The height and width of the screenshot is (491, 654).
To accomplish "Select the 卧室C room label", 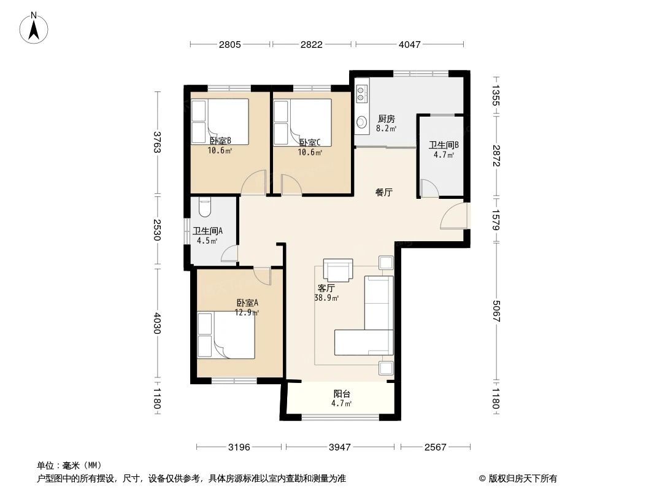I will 310,142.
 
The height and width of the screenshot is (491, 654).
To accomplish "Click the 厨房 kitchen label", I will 386,119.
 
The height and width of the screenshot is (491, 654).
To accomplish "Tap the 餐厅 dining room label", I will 384,192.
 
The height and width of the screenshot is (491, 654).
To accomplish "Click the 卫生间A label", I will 207,231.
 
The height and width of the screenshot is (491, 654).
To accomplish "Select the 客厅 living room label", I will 326,288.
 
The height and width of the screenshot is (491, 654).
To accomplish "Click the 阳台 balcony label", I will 342,394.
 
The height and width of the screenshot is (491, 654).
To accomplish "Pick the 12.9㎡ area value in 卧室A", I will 247,312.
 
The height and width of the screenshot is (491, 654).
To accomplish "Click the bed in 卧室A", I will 226,335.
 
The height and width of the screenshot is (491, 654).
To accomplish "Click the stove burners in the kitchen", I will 361,93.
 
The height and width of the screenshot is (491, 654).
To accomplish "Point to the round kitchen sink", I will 361,121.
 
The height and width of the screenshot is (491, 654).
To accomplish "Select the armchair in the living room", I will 338,269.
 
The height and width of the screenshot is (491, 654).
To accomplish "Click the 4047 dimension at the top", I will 409,44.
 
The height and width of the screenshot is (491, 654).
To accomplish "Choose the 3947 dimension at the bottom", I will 339,447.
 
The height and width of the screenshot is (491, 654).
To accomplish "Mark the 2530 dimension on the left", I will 157,231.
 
